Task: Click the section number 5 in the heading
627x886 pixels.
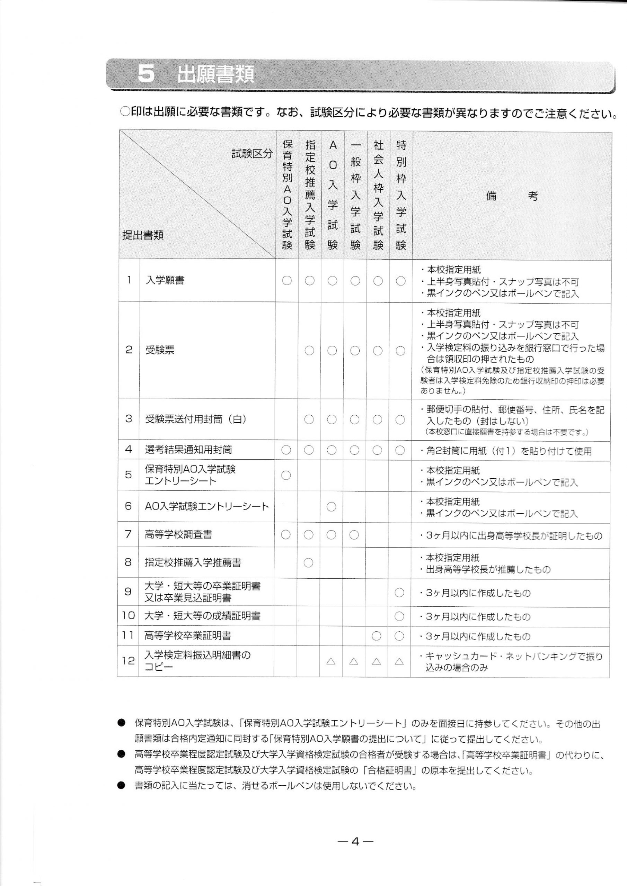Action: click(147, 74)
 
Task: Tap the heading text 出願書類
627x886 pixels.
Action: click(215, 74)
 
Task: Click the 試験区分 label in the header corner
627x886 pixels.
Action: click(252, 154)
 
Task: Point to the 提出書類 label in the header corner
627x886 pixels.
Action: click(143, 235)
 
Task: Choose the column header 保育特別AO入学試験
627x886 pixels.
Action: click(287, 195)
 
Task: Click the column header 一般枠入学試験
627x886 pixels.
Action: click(355, 195)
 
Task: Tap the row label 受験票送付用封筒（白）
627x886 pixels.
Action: click(195, 419)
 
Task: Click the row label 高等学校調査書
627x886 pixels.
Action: click(178, 534)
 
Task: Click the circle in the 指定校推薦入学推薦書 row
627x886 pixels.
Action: click(308, 563)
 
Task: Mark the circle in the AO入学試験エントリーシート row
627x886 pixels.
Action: click(331, 507)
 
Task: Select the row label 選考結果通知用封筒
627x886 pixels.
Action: click(188, 450)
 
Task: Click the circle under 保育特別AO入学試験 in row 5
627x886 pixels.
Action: click(286, 476)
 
